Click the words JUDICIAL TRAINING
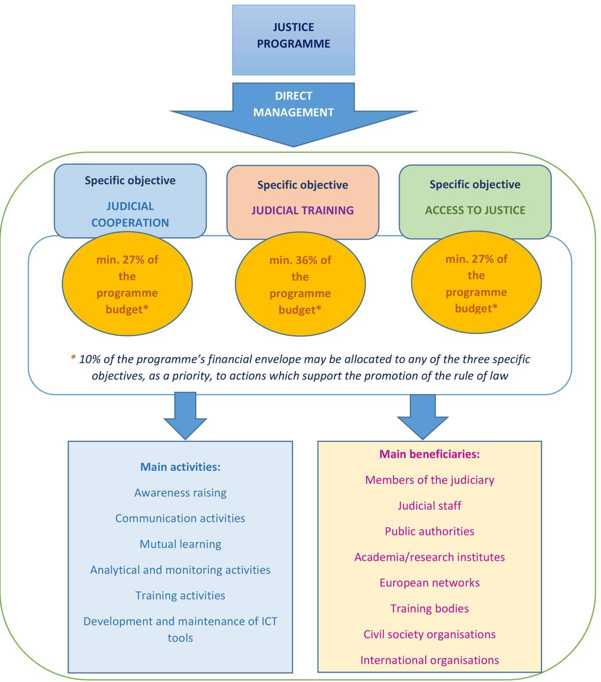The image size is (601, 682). [x=303, y=210]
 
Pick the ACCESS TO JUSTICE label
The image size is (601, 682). [x=475, y=210]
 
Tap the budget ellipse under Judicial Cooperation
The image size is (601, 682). [x=127, y=284]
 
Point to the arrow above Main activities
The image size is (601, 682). [x=185, y=415]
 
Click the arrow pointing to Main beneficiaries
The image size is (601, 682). [x=423, y=415]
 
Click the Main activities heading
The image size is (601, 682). [x=180, y=467]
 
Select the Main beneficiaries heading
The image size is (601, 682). [x=430, y=454]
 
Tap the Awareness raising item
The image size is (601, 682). [x=180, y=493]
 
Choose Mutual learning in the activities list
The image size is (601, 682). [x=180, y=544]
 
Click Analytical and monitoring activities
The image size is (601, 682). [x=180, y=570]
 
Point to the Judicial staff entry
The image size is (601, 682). [x=430, y=505]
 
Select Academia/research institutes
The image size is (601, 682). [x=430, y=557]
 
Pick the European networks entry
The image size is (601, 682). [x=430, y=582]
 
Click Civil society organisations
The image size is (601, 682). [x=430, y=634]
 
